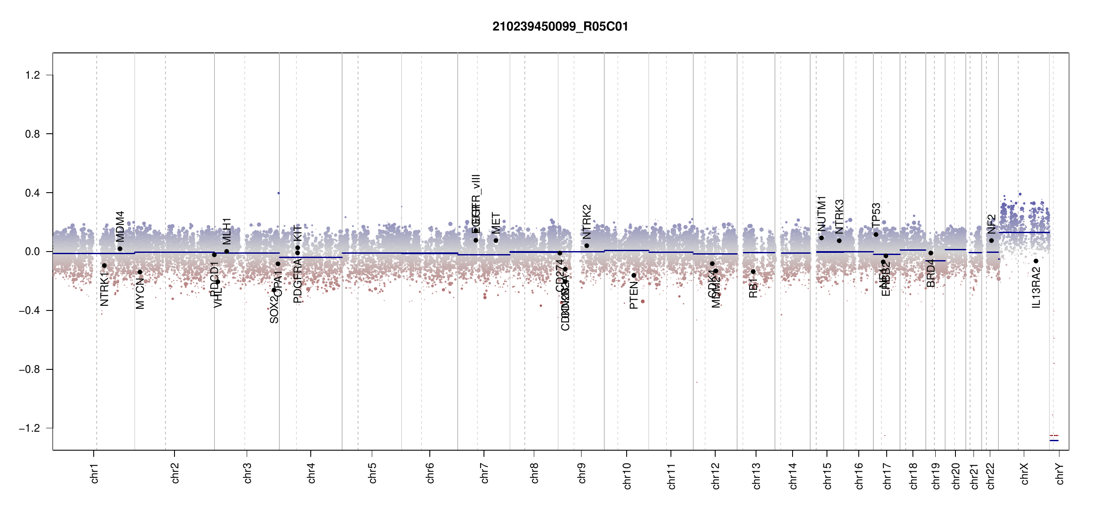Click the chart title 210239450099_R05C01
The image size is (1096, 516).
(x=560, y=27)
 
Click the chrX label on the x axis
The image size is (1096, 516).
(x=1024, y=473)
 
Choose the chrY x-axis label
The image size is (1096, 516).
(x=1059, y=473)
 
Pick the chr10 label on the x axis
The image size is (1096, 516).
(x=627, y=476)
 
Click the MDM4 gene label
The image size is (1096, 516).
(x=120, y=226)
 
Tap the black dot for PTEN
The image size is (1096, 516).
(x=634, y=275)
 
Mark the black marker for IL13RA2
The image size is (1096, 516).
(x=1036, y=261)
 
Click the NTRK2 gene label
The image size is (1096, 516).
(x=587, y=221)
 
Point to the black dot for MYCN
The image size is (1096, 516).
(x=140, y=272)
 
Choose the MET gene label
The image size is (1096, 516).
(x=496, y=223)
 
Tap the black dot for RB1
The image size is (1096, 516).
(x=753, y=272)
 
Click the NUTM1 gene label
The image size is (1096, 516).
(x=821, y=213)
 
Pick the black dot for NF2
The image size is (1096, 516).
(x=991, y=240)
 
